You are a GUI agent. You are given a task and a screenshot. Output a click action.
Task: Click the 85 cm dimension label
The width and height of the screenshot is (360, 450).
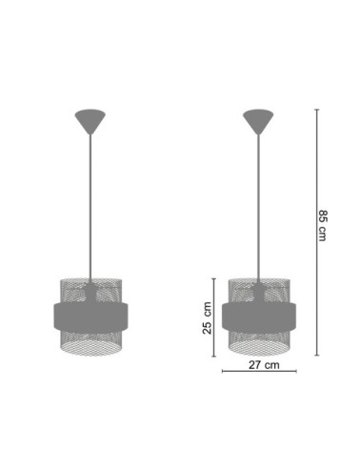(322, 225)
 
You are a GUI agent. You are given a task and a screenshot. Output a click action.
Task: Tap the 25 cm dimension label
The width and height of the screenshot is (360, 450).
(207, 317)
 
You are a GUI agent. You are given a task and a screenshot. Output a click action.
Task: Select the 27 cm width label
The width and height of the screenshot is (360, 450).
(264, 365)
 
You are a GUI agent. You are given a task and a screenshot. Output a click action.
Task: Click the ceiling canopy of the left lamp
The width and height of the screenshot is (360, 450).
(90, 122)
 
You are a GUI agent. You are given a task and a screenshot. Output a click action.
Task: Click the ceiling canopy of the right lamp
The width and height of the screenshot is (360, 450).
(258, 122)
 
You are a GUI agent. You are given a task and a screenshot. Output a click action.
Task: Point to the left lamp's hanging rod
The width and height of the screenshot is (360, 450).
(90, 208)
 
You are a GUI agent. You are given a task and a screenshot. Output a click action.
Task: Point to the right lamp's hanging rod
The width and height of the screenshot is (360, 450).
(258, 208)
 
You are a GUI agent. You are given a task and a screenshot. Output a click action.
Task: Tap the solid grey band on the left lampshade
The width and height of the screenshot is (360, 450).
(90, 317)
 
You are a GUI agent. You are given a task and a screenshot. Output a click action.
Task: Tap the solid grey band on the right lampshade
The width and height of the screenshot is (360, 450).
(259, 317)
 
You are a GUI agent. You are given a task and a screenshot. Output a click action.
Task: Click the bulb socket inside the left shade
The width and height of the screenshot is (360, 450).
(90, 293)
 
